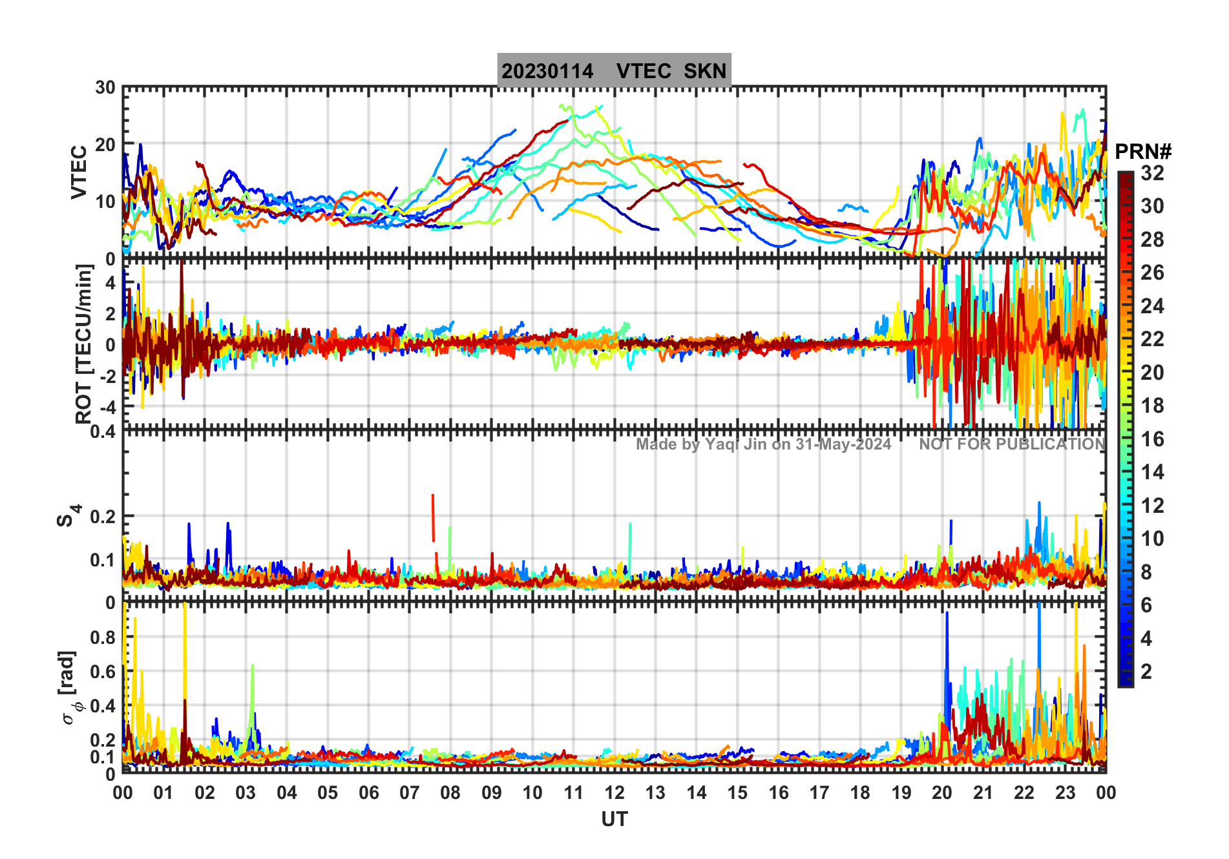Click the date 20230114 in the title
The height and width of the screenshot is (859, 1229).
pos(547,71)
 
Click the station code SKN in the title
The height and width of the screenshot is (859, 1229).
pos(705,71)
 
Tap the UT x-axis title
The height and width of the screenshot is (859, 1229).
pos(614,819)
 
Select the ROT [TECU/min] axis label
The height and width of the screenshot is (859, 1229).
pos(84,344)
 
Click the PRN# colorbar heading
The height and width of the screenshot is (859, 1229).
pos(1143,152)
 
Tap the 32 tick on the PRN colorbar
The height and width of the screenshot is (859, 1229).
pos(1152,172)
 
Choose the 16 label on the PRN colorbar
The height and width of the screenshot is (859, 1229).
pos(1152,439)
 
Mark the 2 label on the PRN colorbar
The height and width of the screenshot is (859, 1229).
pos(1146,672)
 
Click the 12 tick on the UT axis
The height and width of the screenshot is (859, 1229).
pos(614,792)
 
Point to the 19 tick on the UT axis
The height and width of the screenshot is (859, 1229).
pos(901,792)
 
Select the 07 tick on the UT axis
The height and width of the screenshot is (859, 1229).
pos(409,792)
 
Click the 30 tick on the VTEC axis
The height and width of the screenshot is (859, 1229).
pos(105,88)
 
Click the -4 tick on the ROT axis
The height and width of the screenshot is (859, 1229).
pos(105,408)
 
